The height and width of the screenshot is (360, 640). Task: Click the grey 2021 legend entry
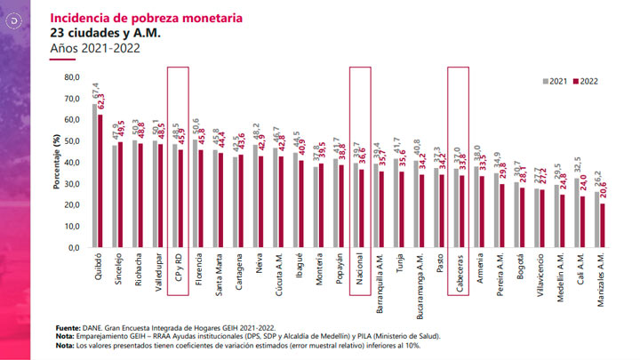557,81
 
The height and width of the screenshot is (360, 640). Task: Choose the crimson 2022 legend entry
588,81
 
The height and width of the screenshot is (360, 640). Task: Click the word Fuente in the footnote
68,327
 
